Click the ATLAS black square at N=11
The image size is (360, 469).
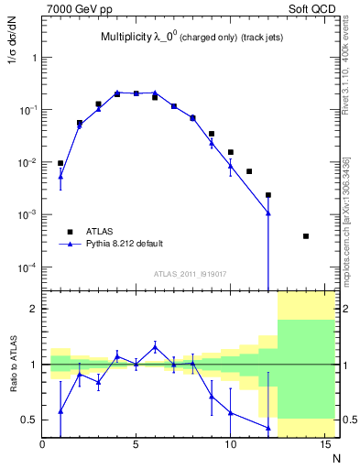pos(249,171)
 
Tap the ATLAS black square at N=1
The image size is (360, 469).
pos(61,163)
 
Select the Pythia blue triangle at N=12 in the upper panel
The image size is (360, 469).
pos(267,213)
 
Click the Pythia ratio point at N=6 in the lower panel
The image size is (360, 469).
pos(155,346)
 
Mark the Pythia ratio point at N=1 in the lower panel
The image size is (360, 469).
pos(61,411)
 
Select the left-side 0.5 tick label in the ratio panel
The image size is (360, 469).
pos(30,420)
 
